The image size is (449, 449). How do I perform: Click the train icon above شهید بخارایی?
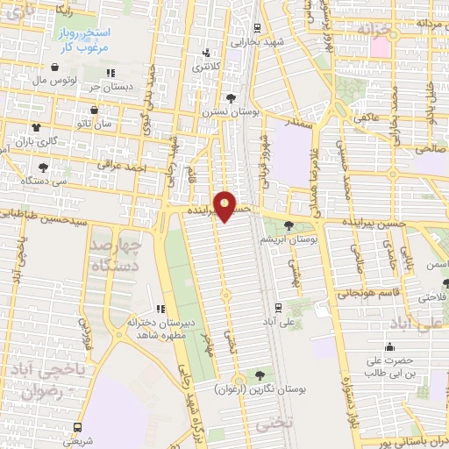(x=256, y=28)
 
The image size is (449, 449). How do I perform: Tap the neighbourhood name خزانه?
(x=379, y=29)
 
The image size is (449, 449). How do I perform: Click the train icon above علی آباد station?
(x=278, y=307)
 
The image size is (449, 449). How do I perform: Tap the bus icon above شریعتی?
(x=79, y=427)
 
